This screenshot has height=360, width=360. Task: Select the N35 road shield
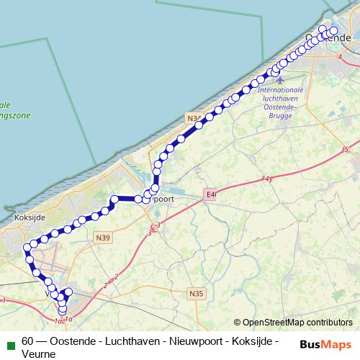click(197, 293)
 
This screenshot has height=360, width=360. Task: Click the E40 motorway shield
click(210, 194)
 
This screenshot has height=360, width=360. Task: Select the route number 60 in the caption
click(28, 340)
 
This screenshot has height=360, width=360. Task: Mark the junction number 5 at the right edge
click(346, 150)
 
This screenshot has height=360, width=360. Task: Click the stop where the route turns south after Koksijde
click(27, 248)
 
